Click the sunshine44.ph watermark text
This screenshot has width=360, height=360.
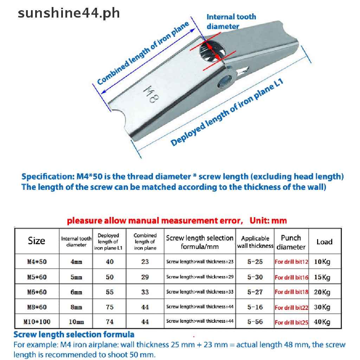click(x=69, y=13)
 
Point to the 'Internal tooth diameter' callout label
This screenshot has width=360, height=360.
click(x=231, y=21)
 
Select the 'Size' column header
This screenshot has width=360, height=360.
click(x=37, y=241)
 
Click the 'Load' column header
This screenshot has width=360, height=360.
click(x=324, y=242)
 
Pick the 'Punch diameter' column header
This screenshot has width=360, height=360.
click(x=291, y=242)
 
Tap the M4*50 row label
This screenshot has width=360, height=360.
click(x=37, y=262)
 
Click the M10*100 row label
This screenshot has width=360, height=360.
click(x=37, y=322)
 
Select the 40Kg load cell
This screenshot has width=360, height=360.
click(x=322, y=322)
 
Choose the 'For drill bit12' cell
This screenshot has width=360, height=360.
click(x=291, y=262)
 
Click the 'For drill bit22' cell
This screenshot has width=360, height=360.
click(x=291, y=308)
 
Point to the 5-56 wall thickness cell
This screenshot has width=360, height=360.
click(x=255, y=322)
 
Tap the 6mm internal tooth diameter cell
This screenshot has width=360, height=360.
click(x=76, y=292)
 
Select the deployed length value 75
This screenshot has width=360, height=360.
click(x=110, y=307)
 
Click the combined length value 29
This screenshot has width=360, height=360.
click(x=145, y=277)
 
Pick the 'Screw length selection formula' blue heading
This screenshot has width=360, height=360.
click(x=74, y=334)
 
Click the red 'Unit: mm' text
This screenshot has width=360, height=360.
click(x=268, y=221)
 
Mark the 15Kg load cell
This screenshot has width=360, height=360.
click(x=322, y=277)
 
